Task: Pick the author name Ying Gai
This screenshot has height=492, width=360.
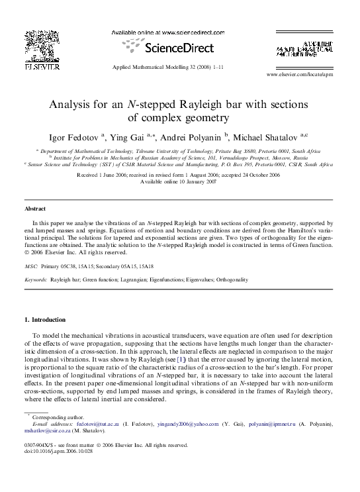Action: click(126, 137)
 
